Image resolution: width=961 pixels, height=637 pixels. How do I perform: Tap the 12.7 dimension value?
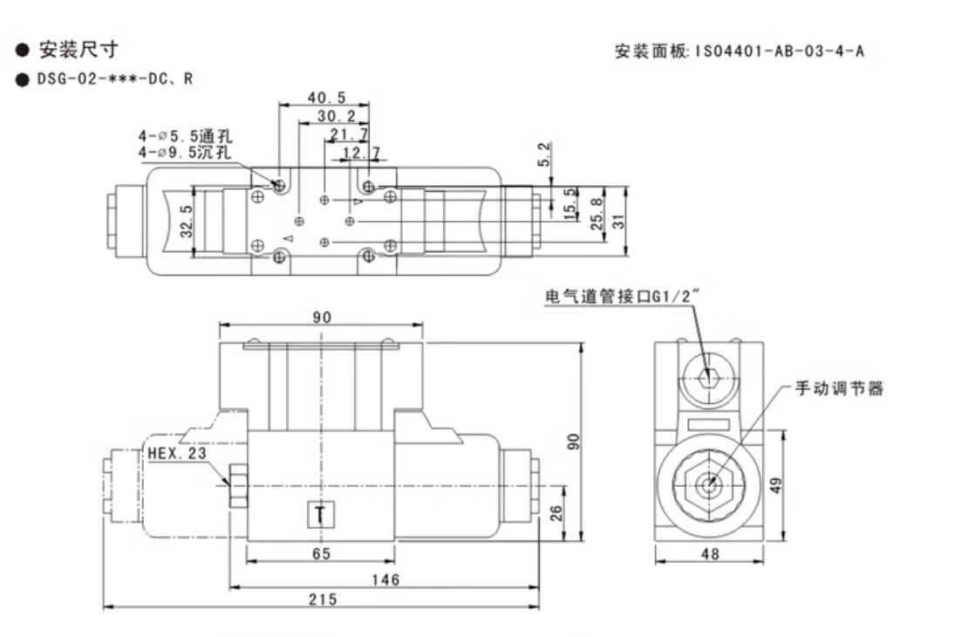pyautogui.click(x=361, y=153)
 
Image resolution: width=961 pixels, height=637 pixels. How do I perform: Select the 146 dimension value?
pyautogui.click(x=385, y=579)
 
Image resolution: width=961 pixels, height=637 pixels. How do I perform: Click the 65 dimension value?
pyautogui.click(x=320, y=552)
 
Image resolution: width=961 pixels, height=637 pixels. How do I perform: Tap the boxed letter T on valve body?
pyautogui.click(x=320, y=516)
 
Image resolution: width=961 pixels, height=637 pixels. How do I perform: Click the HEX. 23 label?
pyautogui.click(x=176, y=453)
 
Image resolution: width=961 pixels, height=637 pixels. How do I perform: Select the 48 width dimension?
pyautogui.click(x=710, y=552)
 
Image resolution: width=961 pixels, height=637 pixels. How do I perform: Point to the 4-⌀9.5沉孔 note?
pyautogui.click(x=185, y=154)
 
